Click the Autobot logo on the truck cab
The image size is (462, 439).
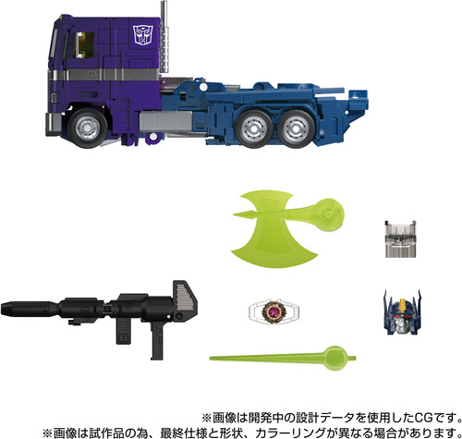tap(143, 35)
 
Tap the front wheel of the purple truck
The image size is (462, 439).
tap(88, 128)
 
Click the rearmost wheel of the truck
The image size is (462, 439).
tap(296, 129)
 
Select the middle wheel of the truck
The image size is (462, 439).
tap(254, 129)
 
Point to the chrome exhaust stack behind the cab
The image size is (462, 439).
tap(164, 39)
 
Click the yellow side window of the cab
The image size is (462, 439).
tap(84, 45)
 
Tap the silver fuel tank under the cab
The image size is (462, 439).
tap(165, 122)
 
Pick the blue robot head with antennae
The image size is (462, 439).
tap(402, 312)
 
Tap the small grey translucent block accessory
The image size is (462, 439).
tap(400, 239)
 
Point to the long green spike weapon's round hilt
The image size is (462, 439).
tap(336, 359)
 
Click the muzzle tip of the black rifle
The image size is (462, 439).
tap(3, 309)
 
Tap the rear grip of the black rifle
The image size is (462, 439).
tap(157, 341)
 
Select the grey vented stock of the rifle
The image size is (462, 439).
tap(185, 297)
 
